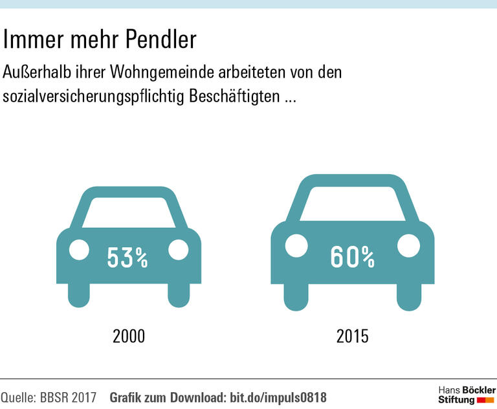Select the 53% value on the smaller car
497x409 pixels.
tap(127, 258)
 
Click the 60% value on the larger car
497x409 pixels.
tap(353, 257)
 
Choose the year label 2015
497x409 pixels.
tap(353, 337)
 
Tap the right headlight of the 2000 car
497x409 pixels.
tap(177, 249)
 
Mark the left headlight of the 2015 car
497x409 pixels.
tap(296, 245)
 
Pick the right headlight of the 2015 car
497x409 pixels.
tap(408, 245)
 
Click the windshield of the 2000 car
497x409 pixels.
tap(128, 212)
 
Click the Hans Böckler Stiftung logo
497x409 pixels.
tap(466, 394)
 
